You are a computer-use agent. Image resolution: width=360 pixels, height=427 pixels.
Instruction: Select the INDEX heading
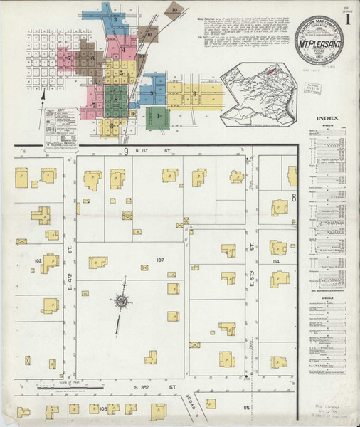(329, 119)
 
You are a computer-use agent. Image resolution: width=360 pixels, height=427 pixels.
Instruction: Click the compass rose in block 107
(122, 302)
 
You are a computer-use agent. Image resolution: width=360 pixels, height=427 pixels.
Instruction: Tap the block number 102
(38, 261)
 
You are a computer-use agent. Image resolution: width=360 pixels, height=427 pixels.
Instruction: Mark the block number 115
(246, 407)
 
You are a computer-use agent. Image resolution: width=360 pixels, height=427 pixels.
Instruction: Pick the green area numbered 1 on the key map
(158, 115)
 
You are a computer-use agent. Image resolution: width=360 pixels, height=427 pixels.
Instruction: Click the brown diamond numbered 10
(174, 11)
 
